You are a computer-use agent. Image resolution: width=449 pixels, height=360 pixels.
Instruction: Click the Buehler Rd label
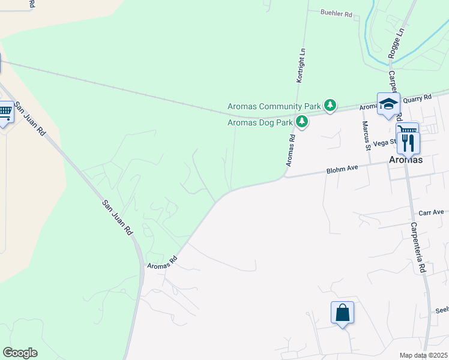[336, 13]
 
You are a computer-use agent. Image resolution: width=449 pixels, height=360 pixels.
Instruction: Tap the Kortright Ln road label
[303, 65]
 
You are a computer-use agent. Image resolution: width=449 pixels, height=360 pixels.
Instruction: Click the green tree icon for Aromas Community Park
[330, 106]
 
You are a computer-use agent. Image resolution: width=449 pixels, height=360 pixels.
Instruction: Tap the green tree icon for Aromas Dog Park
[301, 122]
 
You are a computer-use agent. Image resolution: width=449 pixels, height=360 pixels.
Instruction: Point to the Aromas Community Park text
[274, 107]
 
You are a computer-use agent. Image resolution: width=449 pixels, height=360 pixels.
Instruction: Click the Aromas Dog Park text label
[260, 123]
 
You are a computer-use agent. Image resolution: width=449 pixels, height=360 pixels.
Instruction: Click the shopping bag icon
[342, 313]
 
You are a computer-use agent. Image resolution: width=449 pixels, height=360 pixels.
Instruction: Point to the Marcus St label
[365, 135]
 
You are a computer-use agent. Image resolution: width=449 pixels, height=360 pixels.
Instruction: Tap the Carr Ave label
[431, 212]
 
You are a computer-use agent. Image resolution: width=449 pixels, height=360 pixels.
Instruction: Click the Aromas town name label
[405, 160]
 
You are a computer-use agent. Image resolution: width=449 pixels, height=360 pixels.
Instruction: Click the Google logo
[20, 353]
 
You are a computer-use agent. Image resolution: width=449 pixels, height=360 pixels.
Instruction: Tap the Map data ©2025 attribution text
[424, 356]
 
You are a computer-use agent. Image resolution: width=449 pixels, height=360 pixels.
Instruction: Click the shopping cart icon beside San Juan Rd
[5, 112]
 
